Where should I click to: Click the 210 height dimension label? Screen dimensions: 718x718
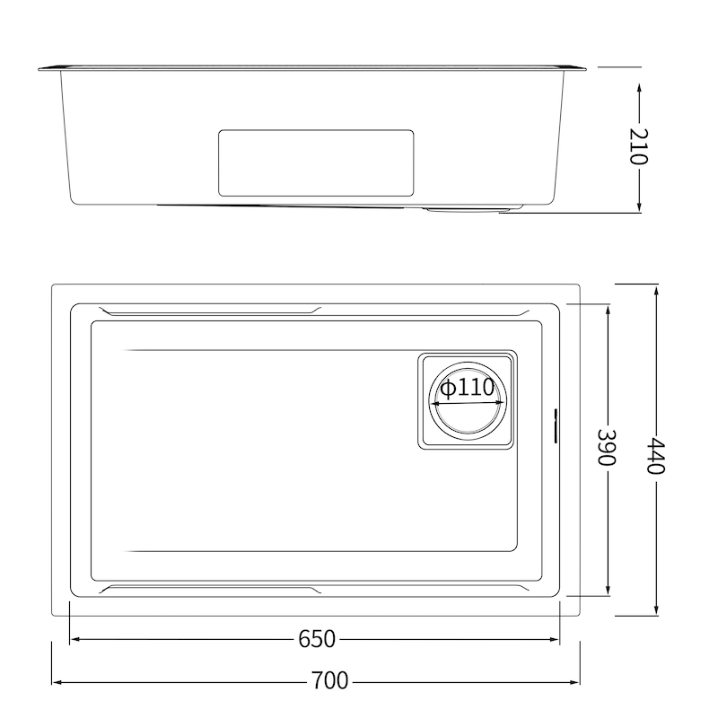click(x=638, y=146)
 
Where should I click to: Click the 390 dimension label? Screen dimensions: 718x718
click(x=609, y=445)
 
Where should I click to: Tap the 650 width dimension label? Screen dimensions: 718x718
click(x=316, y=640)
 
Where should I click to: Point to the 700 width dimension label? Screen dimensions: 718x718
click(x=329, y=680)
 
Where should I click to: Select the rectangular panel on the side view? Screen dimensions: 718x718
click(x=316, y=162)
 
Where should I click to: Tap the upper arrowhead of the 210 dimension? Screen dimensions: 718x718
click(x=638, y=87)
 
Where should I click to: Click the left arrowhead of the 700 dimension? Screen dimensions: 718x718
click(x=57, y=680)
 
